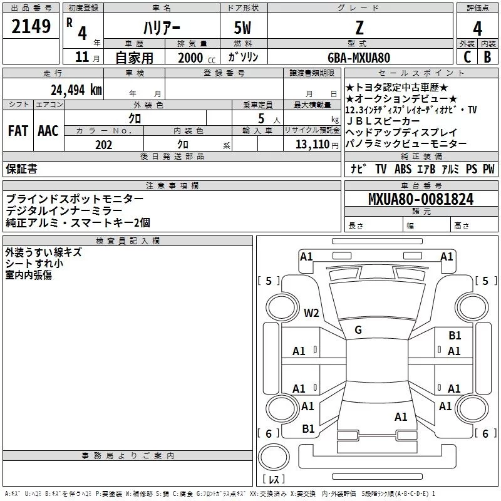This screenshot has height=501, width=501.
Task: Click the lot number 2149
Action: [31, 28]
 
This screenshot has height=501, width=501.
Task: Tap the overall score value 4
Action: [478, 29]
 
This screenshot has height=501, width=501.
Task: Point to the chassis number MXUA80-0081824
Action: [421, 200]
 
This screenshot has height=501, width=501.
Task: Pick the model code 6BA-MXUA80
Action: [358, 58]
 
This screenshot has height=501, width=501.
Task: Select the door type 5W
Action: [243, 29]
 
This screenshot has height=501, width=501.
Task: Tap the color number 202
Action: [104, 145]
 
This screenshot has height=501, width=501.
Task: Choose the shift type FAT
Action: [18, 131]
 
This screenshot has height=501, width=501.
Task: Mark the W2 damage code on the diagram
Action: [311, 313]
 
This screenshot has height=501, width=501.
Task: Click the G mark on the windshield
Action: [358, 330]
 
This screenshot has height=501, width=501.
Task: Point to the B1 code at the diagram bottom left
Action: [308, 428]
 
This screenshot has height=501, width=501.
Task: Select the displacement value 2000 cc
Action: [192, 58]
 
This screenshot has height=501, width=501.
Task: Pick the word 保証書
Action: [21, 168]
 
